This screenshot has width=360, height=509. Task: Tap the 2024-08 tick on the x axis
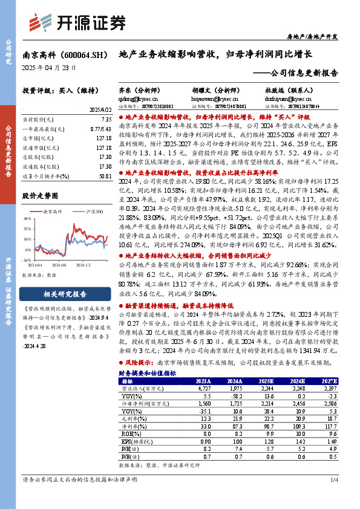tap(59, 265)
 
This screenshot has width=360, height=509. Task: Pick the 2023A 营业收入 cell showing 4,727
tap(202, 389)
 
